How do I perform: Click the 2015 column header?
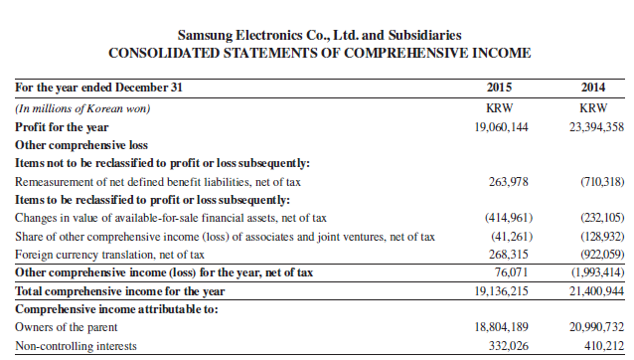click(x=505, y=89)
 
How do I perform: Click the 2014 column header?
click(x=595, y=89)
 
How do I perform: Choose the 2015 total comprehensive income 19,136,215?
click(x=502, y=290)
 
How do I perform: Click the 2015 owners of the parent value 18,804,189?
click(x=502, y=326)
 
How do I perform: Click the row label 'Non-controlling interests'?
click(x=74, y=345)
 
